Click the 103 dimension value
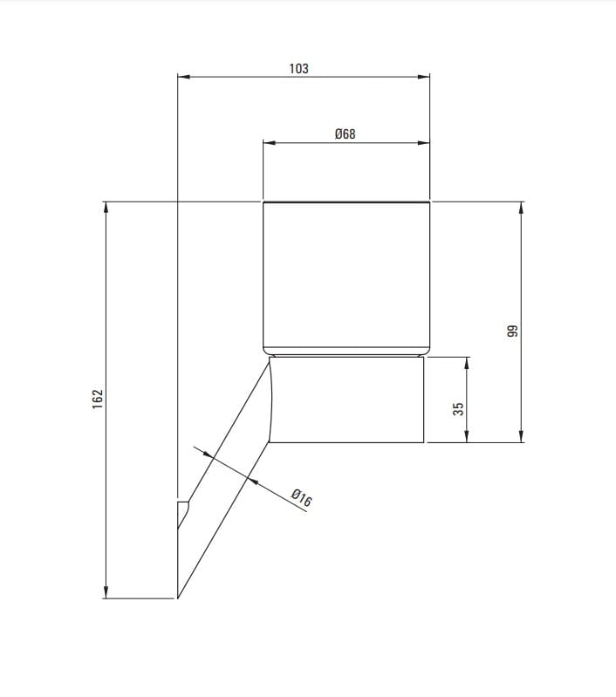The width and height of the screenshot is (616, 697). coord(298,68)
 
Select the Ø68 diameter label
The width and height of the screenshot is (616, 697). coord(346,133)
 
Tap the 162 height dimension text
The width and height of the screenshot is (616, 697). coord(98,400)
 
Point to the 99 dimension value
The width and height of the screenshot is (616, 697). coord(513,331)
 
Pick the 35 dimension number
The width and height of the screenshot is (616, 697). coord(458,409)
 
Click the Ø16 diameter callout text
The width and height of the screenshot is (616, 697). coord(302,498)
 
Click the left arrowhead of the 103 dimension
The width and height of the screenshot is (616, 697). coord(184,77)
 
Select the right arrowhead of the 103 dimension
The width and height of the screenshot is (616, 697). coord(424,77)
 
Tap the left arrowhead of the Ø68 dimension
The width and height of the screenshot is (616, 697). coord(270,143)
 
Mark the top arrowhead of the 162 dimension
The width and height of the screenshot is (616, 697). coord(106,208)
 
